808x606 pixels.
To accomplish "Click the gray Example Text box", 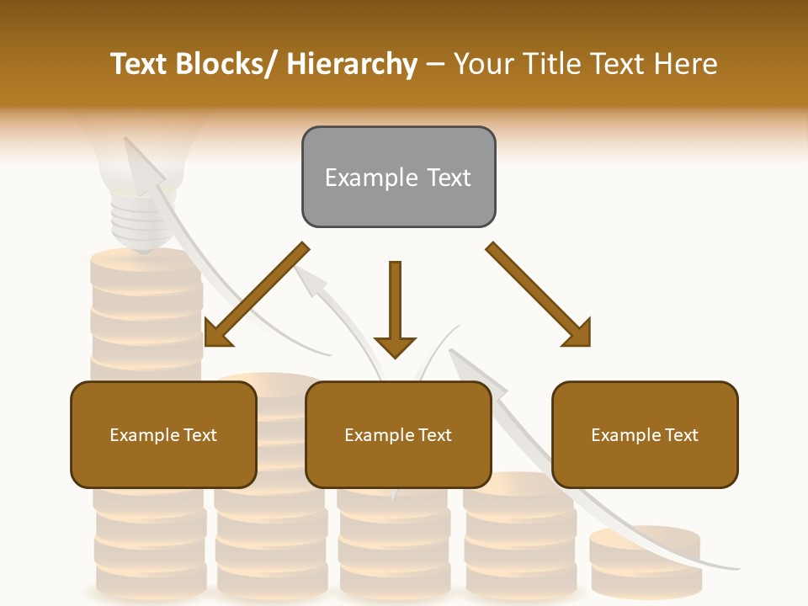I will [x=398, y=177].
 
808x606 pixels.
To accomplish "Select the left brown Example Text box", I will [x=163, y=434].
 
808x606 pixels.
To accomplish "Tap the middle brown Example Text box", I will [x=398, y=434].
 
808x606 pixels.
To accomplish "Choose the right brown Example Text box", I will [x=645, y=434].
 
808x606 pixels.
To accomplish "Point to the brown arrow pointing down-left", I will [x=256, y=295].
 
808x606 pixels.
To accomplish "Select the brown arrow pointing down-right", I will [x=539, y=295].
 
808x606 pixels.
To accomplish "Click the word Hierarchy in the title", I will [x=352, y=64].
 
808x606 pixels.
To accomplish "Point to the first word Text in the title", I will [x=140, y=64].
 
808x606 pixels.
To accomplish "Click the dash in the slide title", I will [x=435, y=64].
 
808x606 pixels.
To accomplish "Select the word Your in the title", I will [x=482, y=64].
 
